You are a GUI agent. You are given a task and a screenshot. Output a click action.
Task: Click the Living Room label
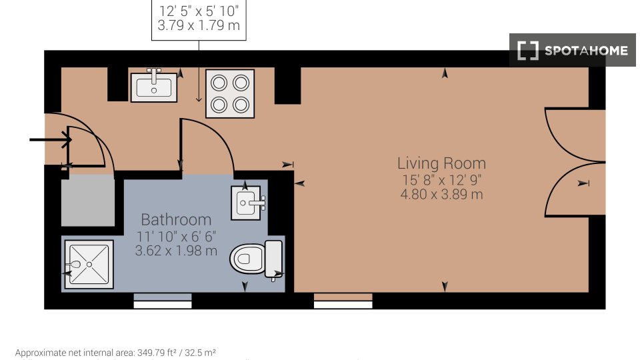441,163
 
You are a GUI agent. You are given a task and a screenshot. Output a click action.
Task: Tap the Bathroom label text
176,219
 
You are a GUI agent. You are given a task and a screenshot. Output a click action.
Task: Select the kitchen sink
154,86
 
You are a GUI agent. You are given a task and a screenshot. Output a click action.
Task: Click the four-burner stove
230,94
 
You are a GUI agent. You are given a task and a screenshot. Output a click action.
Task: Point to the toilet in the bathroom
256,259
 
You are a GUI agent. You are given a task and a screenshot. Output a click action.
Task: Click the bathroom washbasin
246,203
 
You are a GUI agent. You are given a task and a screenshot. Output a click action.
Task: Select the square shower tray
89,265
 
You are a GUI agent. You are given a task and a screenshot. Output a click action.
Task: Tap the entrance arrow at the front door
51,140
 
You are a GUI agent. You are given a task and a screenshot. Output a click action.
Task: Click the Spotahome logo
572,50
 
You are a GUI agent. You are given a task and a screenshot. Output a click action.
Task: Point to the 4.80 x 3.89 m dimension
441,194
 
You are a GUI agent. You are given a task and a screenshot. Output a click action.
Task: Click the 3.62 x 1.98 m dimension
176,251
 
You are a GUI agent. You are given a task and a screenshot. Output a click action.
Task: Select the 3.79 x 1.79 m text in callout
199,26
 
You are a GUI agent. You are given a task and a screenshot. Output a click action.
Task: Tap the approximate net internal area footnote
115,353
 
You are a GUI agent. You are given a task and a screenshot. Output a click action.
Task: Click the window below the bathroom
163,301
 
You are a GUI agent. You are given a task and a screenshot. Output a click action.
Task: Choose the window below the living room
343,301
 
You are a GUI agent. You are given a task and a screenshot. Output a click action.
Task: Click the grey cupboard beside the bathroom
88,200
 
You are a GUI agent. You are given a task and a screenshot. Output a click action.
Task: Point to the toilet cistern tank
274,259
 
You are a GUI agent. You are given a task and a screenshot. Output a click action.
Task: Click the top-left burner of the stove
219,83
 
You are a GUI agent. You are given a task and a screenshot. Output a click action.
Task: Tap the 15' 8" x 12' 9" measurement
441,179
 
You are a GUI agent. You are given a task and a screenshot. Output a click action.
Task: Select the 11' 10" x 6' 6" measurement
176,236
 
